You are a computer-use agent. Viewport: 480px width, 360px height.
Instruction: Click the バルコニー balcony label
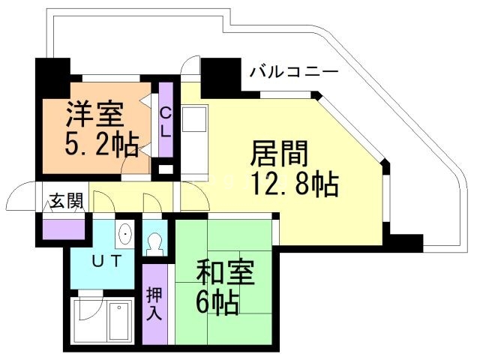click(293, 73)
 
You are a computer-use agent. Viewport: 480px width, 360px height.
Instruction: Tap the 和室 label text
click(225, 272)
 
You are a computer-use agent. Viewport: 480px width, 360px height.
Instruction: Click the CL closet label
click(166, 121)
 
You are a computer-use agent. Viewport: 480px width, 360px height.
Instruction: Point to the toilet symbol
click(156, 244)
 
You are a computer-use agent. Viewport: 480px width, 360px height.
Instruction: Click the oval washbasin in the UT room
click(124, 235)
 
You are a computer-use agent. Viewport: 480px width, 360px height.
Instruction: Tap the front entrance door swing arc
click(20, 199)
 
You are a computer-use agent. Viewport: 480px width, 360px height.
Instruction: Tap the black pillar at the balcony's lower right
click(406, 242)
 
